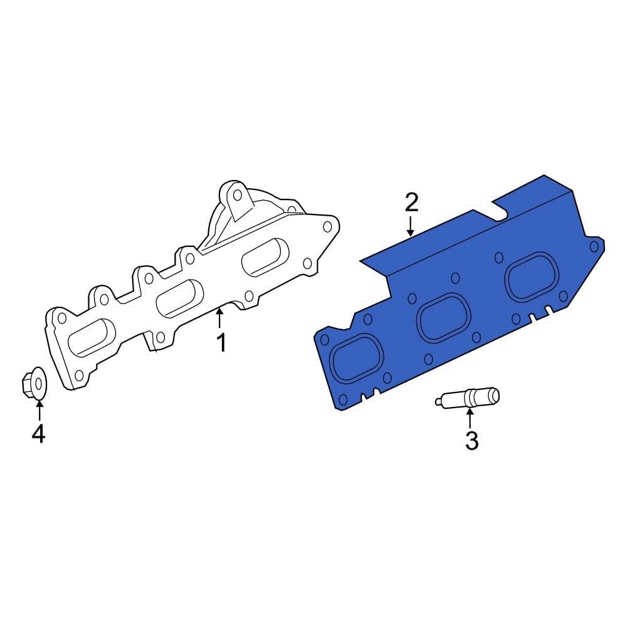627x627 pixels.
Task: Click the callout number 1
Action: click(220, 343)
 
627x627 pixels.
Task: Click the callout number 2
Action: click(411, 202)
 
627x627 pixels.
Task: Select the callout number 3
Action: click(472, 441)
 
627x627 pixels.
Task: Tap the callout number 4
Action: click(38, 433)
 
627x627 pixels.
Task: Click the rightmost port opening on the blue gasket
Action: click(532, 277)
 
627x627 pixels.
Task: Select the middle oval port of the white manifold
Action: click(179, 297)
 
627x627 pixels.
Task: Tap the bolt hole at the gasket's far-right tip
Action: click(593, 246)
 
